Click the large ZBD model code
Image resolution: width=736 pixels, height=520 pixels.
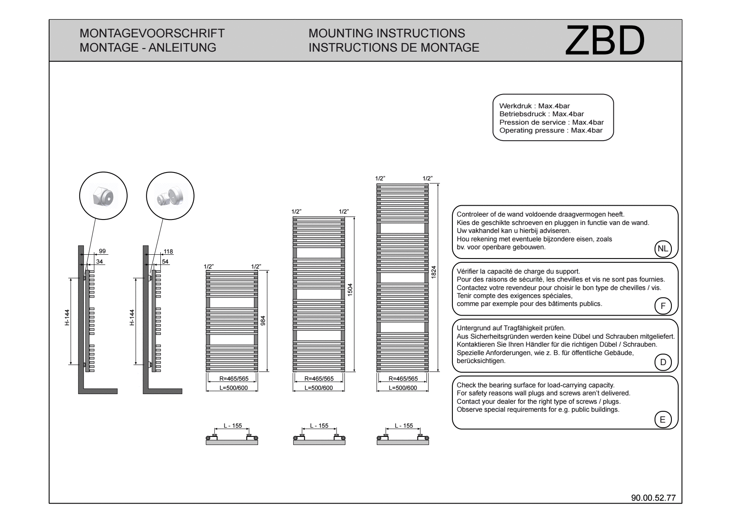[x=605, y=40]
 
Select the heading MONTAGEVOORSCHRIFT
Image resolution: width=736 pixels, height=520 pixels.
[x=152, y=33]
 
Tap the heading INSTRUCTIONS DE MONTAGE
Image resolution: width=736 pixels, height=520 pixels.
[x=394, y=47]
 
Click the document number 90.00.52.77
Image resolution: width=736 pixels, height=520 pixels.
[x=653, y=498]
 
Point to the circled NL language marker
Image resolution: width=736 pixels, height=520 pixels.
[x=663, y=248]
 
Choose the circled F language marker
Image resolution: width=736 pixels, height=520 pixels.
[x=663, y=306]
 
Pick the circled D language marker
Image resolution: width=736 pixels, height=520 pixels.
[x=663, y=362]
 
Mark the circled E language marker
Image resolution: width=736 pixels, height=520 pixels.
[x=663, y=419]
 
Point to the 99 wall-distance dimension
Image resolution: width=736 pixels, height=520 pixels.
[x=102, y=251]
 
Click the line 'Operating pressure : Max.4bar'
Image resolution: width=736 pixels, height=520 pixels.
[x=551, y=131]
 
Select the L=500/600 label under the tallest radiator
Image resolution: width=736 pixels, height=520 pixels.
[x=403, y=388]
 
